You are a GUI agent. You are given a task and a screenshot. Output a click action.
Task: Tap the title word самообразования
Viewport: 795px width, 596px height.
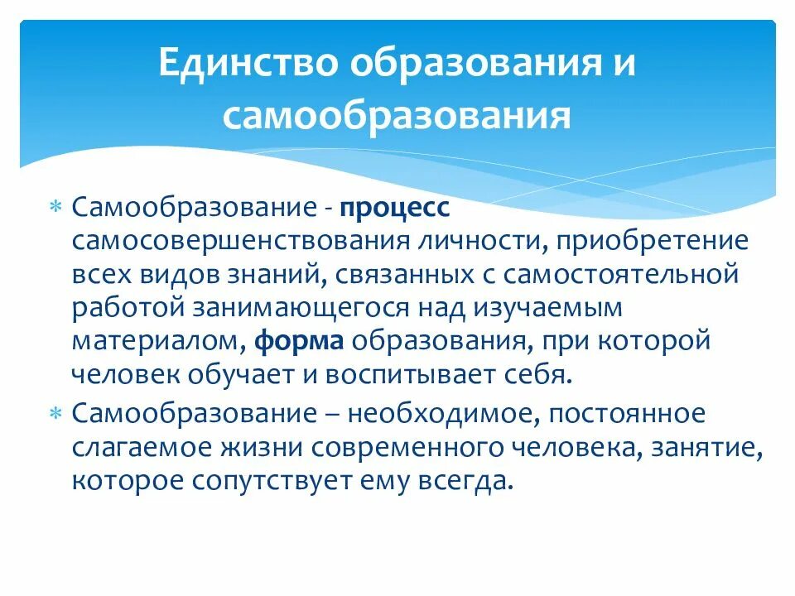[x=397, y=115]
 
